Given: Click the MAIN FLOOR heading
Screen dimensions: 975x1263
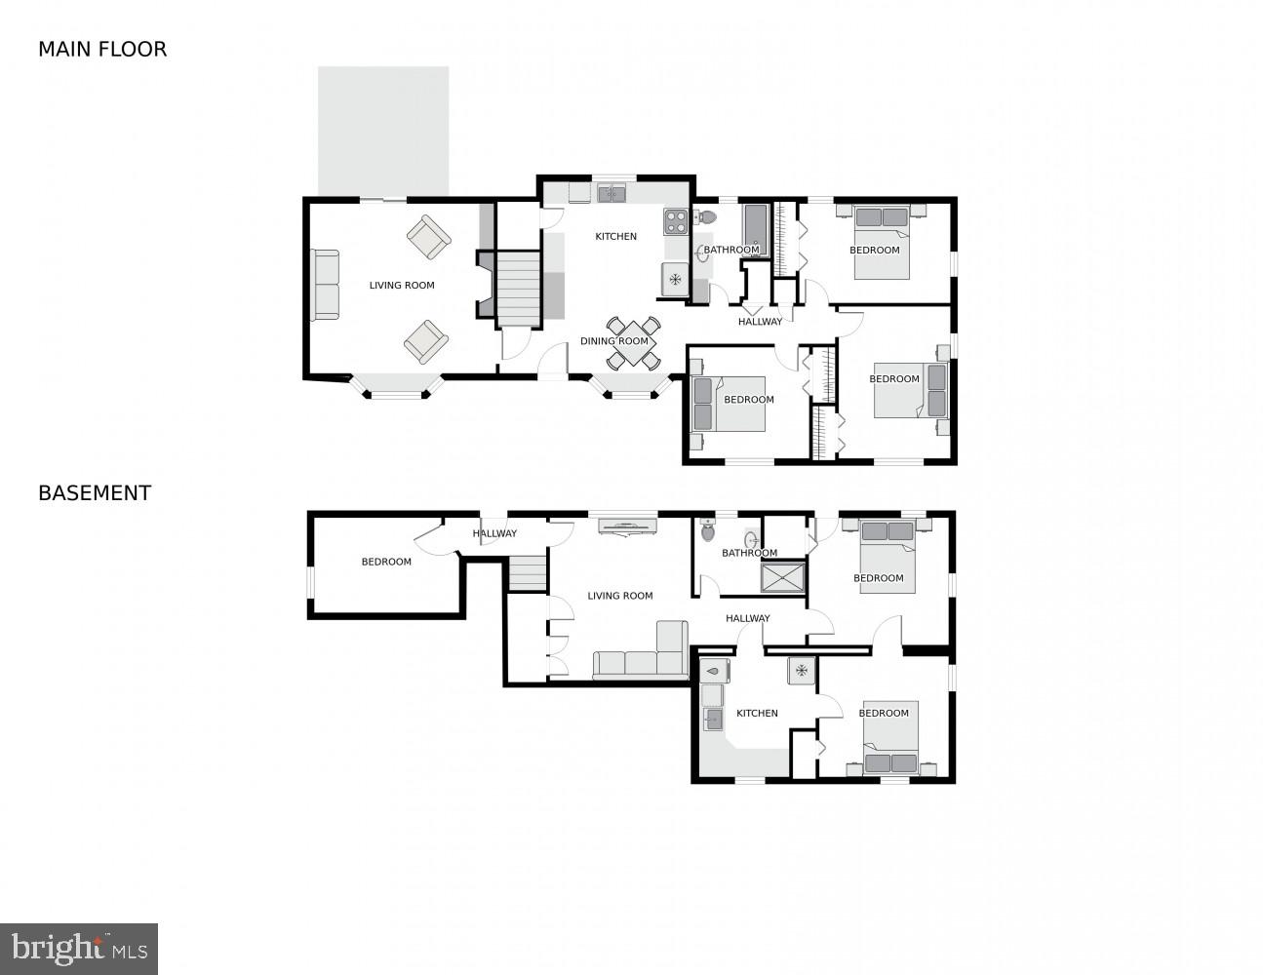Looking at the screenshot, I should [102, 49].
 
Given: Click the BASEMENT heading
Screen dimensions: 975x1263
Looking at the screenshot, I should [95, 493].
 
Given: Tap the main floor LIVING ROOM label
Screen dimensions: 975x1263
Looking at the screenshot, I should [402, 286].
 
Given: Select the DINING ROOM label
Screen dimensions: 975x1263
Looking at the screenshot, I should [614, 341].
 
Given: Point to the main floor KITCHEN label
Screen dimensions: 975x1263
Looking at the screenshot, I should [616, 237].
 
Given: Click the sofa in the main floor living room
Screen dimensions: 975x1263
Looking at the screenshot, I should [325, 285].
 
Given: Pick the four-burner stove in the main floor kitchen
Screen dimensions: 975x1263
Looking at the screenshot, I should [676, 221].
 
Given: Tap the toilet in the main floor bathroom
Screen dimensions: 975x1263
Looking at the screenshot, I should [705, 216].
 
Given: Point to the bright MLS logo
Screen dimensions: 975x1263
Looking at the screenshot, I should [79, 948].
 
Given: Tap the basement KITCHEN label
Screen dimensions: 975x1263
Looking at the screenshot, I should [757, 714].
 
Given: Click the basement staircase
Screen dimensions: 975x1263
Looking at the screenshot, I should [528, 572].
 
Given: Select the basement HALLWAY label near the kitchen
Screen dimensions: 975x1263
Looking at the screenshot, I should [748, 618].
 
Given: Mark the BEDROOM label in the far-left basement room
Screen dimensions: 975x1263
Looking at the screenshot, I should [386, 562].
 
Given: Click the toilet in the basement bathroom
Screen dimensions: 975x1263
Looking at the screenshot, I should [708, 531].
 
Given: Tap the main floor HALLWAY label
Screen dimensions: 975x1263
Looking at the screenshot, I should [760, 322].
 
